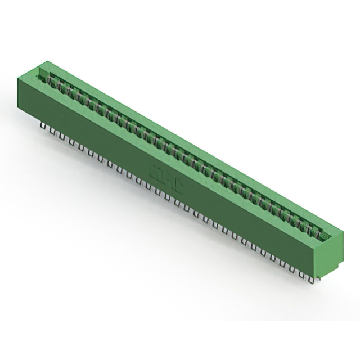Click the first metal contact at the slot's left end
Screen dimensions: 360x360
click(x=49, y=79)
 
